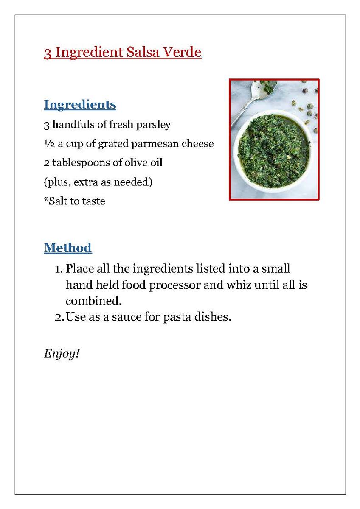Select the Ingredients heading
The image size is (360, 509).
80,104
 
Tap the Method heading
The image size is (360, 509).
67,247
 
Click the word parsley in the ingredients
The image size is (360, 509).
153,125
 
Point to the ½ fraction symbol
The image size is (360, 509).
48,144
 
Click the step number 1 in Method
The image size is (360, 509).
58,269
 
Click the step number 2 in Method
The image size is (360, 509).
59,317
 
